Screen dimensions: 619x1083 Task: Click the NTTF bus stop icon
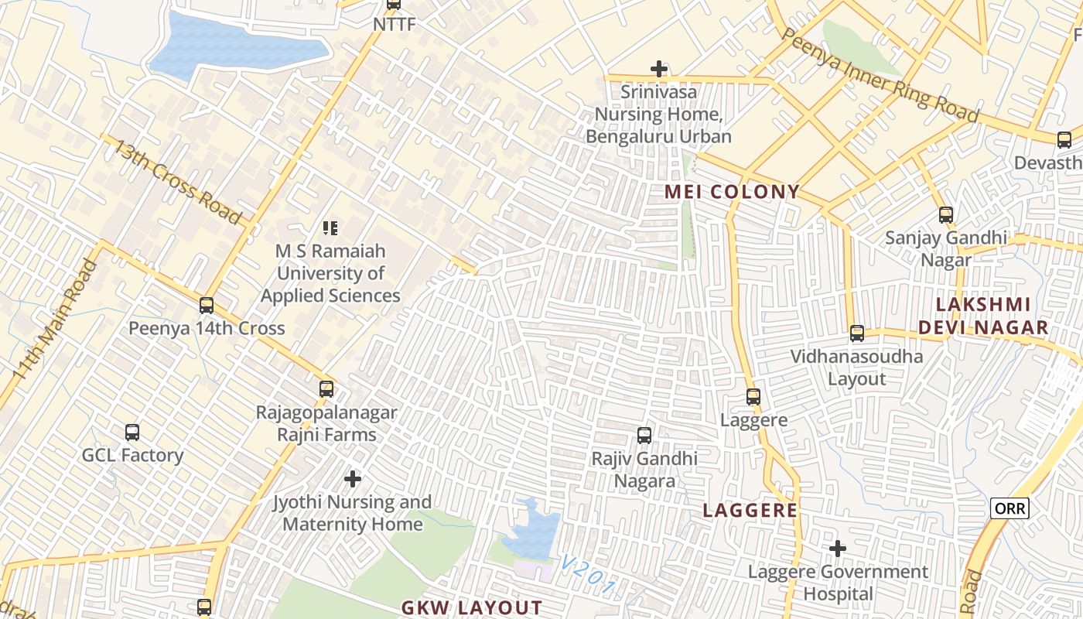click(x=394, y=4)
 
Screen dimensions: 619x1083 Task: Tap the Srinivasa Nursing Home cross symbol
click(x=659, y=70)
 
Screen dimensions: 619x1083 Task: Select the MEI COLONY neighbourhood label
click(x=732, y=192)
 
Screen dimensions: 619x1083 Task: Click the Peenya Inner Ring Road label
click(x=880, y=75)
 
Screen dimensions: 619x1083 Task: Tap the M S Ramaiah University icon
click(x=330, y=228)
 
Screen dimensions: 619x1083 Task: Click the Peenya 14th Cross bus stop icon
click(x=207, y=306)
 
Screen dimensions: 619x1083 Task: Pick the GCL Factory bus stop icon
click(x=132, y=433)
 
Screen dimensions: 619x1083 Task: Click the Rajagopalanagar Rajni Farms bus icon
click(x=326, y=389)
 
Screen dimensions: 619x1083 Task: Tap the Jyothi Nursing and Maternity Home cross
click(x=353, y=480)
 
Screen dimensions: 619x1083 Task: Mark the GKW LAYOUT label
click(x=471, y=607)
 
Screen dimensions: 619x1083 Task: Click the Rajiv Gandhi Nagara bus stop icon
click(x=644, y=436)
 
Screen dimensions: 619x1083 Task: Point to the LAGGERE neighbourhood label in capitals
click(x=750, y=510)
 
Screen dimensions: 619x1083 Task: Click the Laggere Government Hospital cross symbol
click(x=838, y=549)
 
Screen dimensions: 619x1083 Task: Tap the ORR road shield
click(x=1010, y=508)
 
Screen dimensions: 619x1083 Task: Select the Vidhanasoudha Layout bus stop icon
click(x=857, y=333)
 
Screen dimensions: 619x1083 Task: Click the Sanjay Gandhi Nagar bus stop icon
click(x=946, y=215)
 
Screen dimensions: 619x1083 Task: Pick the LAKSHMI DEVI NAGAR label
click(x=983, y=316)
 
